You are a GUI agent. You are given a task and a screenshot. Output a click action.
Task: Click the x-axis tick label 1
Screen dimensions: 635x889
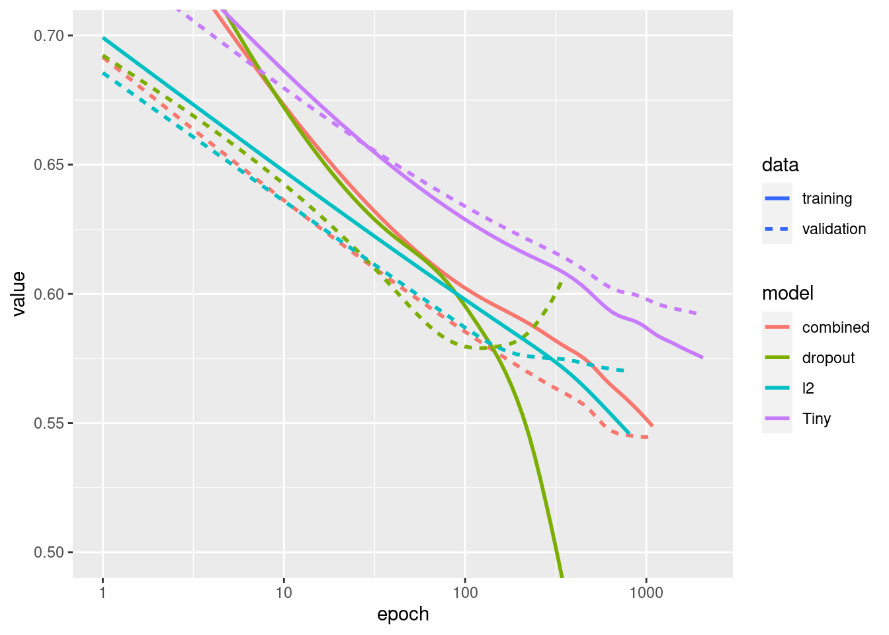click(103, 592)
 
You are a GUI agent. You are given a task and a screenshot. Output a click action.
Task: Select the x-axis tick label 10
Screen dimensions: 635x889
click(284, 592)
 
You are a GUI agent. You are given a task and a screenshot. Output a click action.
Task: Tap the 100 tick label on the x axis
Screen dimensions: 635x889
click(465, 592)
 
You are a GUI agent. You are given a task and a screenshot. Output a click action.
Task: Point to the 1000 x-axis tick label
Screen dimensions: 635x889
click(646, 592)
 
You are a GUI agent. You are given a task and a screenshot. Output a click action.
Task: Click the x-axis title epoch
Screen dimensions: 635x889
click(403, 614)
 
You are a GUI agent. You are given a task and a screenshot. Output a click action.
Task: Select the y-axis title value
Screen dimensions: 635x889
click(19, 294)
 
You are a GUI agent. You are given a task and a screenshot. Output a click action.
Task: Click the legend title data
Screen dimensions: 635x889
click(780, 165)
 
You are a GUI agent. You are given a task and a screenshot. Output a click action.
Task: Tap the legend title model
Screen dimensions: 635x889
click(787, 293)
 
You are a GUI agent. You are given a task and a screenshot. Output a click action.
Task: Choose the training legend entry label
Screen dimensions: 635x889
click(827, 198)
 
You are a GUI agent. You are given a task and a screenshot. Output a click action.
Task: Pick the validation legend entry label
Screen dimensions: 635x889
click(833, 229)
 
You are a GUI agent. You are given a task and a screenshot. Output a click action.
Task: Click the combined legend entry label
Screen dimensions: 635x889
click(835, 327)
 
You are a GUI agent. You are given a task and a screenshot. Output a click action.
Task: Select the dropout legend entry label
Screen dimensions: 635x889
click(828, 358)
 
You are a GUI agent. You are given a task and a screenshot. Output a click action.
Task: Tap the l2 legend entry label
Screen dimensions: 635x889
click(808, 388)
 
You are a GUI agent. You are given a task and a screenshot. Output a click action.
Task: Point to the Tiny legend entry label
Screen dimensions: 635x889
click(816, 419)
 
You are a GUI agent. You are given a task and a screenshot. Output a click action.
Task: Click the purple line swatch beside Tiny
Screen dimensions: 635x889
click(777, 419)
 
